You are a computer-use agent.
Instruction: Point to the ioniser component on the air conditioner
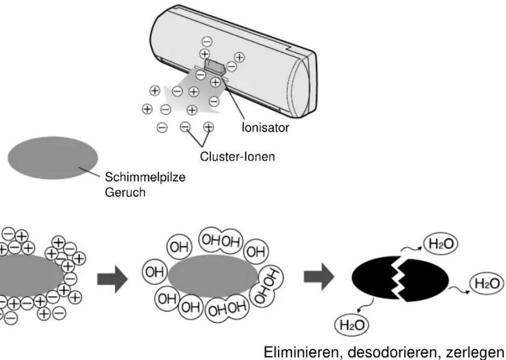point(213,66)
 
